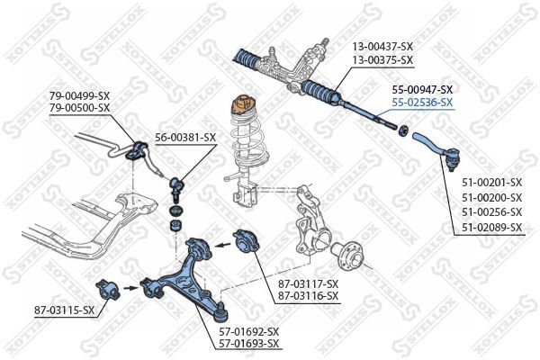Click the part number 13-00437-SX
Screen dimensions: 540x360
(382, 46)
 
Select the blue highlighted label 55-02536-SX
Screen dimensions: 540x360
(422, 103)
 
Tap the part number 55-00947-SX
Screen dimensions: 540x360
(422, 90)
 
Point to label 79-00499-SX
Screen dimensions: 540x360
(79, 95)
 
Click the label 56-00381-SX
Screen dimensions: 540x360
(185, 138)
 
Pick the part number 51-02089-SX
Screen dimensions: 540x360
(491, 228)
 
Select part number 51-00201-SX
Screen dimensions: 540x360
(491, 182)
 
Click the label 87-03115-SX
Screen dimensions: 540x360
(64, 310)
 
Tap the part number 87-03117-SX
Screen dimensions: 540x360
(309, 283)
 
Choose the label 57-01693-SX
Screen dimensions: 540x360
(249, 343)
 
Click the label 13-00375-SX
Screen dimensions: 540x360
(382, 60)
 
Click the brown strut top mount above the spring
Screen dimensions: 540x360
(245, 104)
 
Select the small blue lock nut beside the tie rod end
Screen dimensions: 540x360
(402, 130)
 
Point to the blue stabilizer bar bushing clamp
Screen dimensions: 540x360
(137, 151)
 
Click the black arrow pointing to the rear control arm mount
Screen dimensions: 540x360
(222, 245)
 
